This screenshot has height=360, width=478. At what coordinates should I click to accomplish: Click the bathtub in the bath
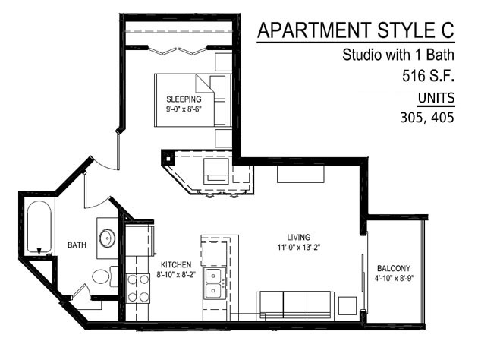[x=39, y=227]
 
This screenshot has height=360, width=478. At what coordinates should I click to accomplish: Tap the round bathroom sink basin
[x=107, y=238]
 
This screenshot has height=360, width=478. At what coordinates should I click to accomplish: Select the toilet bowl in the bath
[x=101, y=276]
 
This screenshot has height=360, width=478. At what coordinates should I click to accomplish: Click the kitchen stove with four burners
[x=138, y=289]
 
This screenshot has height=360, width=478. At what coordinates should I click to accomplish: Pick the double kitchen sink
[x=214, y=283]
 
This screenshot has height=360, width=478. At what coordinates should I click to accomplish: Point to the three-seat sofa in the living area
[x=295, y=305]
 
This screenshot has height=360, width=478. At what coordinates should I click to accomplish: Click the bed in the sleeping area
[x=193, y=100]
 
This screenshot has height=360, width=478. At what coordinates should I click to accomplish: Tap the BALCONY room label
[x=394, y=268]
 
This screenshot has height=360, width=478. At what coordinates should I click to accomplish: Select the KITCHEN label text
[x=176, y=264]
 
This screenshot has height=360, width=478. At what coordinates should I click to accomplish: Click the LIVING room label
[x=299, y=237]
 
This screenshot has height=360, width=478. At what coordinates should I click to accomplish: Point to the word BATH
[x=77, y=245]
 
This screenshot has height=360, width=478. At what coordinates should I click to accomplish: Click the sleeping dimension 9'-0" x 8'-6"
[x=184, y=109]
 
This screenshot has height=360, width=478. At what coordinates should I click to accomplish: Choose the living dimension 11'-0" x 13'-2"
[x=299, y=247]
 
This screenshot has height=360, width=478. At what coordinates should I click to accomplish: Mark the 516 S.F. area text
[x=429, y=76]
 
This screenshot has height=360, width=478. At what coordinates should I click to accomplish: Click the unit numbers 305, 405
[x=426, y=118]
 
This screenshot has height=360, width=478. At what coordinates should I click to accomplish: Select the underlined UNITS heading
[x=436, y=99]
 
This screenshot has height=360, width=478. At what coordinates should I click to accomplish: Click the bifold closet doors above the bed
[x=178, y=50]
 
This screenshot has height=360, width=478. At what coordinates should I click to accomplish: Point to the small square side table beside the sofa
[x=347, y=305]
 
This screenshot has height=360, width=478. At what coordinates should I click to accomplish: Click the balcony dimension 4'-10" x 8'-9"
[x=394, y=278]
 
